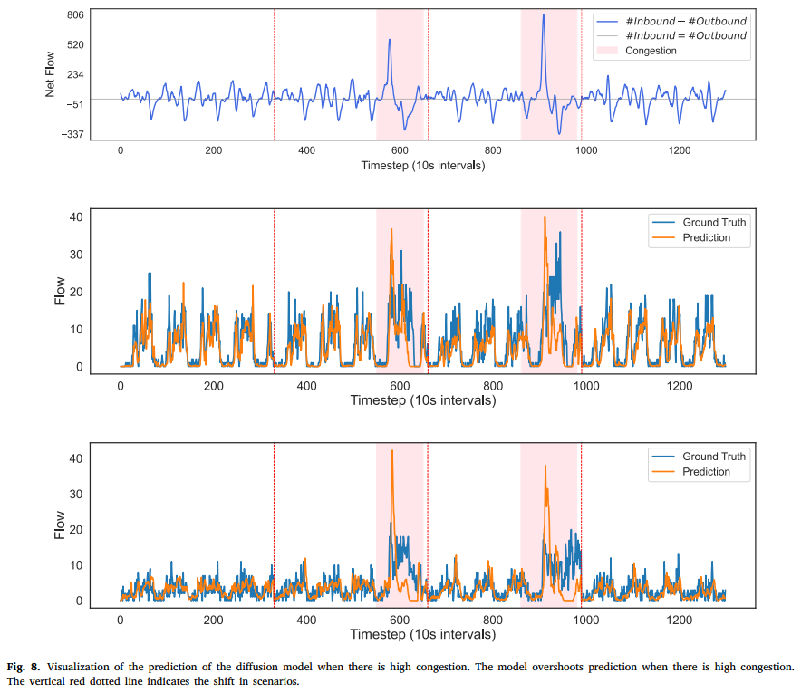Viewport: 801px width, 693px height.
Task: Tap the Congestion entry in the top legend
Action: (x=651, y=51)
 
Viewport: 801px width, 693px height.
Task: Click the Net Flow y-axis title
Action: (x=52, y=75)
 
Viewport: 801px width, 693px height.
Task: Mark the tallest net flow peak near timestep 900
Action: (x=543, y=16)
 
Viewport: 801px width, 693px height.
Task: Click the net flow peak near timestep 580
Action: (x=390, y=40)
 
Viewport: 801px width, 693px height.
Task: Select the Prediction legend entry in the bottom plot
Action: (x=706, y=472)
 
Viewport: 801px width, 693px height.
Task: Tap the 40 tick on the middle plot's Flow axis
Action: (x=75, y=217)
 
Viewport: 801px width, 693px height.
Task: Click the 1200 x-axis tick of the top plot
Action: (x=680, y=151)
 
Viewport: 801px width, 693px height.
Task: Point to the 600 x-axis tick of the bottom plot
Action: (x=400, y=620)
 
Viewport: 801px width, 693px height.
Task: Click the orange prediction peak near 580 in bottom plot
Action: (x=392, y=451)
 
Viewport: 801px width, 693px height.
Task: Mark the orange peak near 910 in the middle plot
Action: (x=545, y=217)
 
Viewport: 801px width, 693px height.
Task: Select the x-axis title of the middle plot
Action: (x=422, y=399)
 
